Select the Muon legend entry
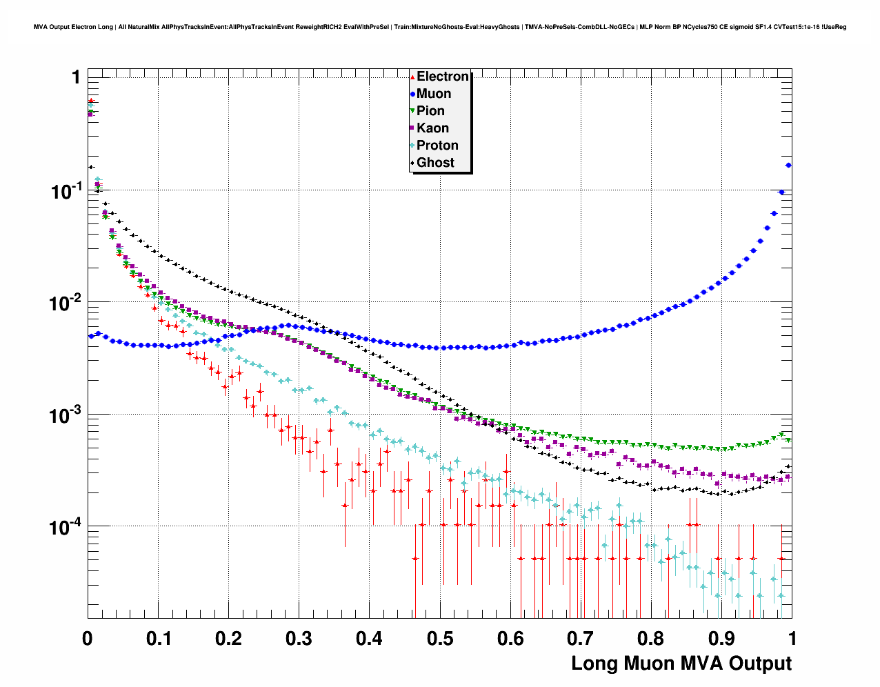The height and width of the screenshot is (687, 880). pyautogui.click(x=434, y=94)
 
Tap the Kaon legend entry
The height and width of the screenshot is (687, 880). pyautogui.click(x=432, y=128)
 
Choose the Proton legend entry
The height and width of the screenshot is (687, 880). pyautogui.click(x=437, y=146)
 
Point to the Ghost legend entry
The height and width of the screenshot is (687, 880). pyautogui.click(x=435, y=163)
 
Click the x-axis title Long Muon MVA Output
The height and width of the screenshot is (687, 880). pyautogui.click(x=681, y=664)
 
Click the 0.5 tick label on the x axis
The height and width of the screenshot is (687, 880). pyautogui.click(x=440, y=639)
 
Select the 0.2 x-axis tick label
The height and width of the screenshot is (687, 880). pyautogui.click(x=229, y=639)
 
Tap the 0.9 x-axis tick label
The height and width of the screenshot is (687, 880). pyautogui.click(x=721, y=639)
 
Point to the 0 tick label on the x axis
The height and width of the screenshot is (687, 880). pyautogui.click(x=88, y=639)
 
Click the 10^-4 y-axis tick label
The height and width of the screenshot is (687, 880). pyautogui.click(x=66, y=527)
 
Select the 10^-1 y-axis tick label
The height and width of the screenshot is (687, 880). pyautogui.click(x=66, y=190)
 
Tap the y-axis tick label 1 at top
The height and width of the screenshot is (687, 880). pyautogui.click(x=76, y=77)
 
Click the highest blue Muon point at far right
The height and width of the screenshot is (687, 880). pyautogui.click(x=788, y=166)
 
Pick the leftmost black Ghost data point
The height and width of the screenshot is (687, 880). pyautogui.click(x=90, y=167)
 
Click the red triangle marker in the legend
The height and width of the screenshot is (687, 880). pyautogui.click(x=412, y=77)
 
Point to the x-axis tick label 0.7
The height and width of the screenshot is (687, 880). pyautogui.click(x=581, y=639)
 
